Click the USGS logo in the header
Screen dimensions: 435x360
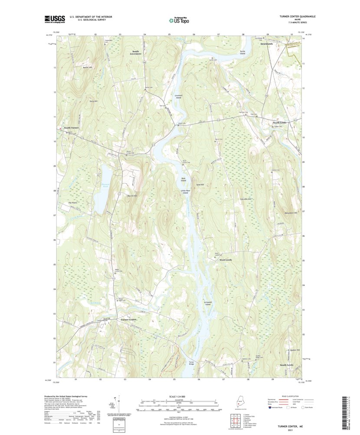pos(55,19)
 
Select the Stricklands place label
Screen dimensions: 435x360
pos(266,44)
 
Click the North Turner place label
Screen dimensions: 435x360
pos(72,128)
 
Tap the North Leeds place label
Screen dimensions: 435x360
pos(280,123)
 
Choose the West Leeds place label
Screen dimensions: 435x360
pos(226,260)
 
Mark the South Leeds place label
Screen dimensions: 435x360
pos(286,365)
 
